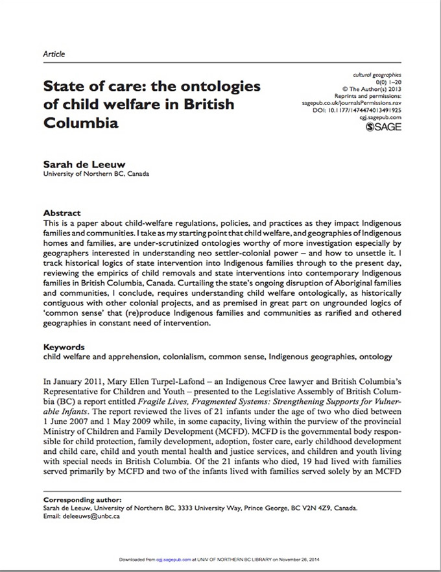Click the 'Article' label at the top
click(x=54, y=54)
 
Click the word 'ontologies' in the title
click(x=218, y=86)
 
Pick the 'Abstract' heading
click(x=62, y=213)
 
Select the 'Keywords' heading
click(x=64, y=347)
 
